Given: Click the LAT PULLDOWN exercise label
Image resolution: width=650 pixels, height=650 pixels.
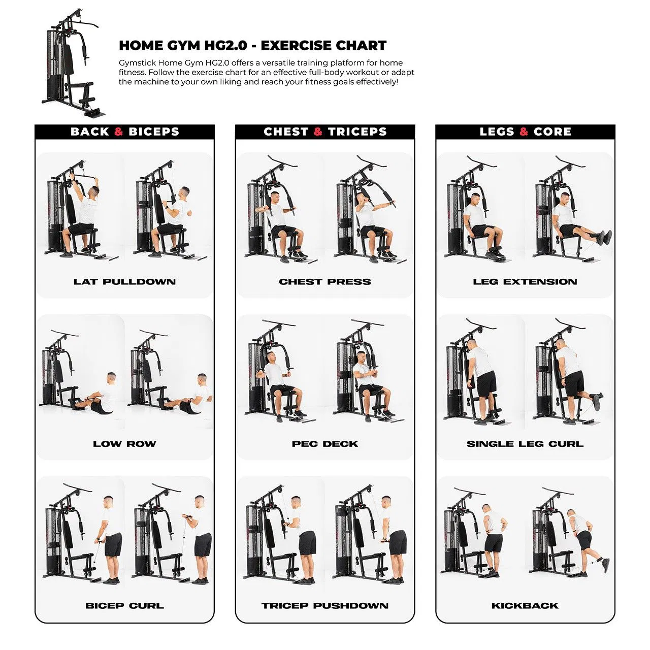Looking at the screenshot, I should point(124,282).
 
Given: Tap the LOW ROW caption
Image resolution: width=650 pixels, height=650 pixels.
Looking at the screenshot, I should point(124,444).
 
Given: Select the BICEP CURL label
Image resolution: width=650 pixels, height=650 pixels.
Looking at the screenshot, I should point(124,606).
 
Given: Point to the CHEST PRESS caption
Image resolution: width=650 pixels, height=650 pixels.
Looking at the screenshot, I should point(325,282).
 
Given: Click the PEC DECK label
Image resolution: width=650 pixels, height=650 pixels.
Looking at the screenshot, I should point(325,444).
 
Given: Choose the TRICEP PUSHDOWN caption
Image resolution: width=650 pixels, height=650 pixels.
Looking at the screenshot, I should point(325,606).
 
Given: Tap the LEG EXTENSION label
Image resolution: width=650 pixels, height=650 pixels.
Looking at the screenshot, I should point(525,282).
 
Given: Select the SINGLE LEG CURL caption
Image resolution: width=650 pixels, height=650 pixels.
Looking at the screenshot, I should point(525,444).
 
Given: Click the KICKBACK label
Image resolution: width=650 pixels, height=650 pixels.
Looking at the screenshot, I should point(525,606).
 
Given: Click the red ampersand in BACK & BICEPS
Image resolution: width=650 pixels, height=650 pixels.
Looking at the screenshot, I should point(118,132).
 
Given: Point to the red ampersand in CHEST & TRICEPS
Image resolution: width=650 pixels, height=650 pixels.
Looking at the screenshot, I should point(318,132).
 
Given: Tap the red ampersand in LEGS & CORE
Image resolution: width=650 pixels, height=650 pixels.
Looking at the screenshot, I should point(524,132).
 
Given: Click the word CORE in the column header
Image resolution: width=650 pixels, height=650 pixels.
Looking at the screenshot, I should point(552,132).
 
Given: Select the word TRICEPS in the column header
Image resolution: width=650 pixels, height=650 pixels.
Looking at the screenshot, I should point(357,132).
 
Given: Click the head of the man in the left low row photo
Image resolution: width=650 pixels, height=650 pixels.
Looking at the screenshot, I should point(111,378).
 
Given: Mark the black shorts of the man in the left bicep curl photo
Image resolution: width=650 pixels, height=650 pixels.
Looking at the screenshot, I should point(113,544).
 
